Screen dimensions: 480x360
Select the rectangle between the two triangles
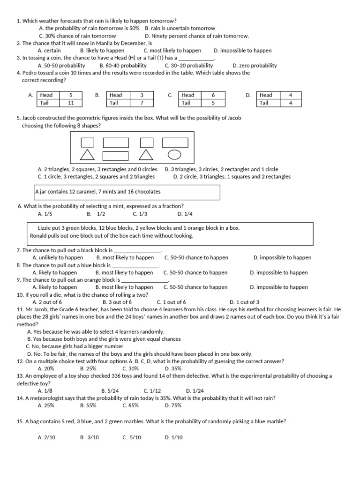[x=115, y=155]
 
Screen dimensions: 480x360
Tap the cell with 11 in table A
[x=71, y=103]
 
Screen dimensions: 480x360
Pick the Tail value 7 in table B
[x=141, y=103]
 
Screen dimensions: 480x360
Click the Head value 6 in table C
[x=213, y=95]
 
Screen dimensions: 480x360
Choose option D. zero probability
[x=255, y=66]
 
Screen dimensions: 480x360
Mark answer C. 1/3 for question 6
[x=140, y=214]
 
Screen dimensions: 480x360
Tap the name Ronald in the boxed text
[x=39, y=235]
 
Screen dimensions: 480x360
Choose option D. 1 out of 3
[x=244, y=302]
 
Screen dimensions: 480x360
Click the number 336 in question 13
[x=109, y=376]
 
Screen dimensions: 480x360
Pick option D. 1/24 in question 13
[x=195, y=390]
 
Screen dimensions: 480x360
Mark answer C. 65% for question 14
[x=130, y=405]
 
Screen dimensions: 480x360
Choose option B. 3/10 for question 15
[x=90, y=437]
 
